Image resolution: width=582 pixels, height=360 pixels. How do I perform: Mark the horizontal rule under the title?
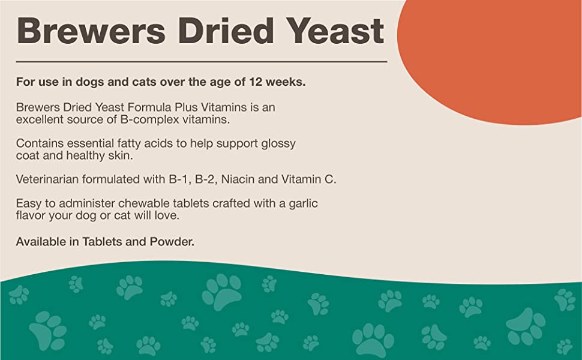pos(201,61)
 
